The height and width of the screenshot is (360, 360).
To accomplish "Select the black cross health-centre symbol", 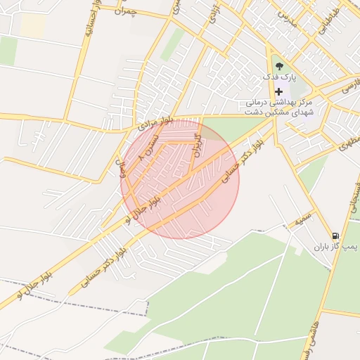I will pyautogui.click(x=279, y=91).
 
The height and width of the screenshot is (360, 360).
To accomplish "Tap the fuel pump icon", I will pyautogui.click(x=335, y=236).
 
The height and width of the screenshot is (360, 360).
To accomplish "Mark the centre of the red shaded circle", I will pyautogui.click(x=180, y=179).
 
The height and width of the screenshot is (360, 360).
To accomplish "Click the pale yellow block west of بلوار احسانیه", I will pyautogui.click(x=32, y=26).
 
